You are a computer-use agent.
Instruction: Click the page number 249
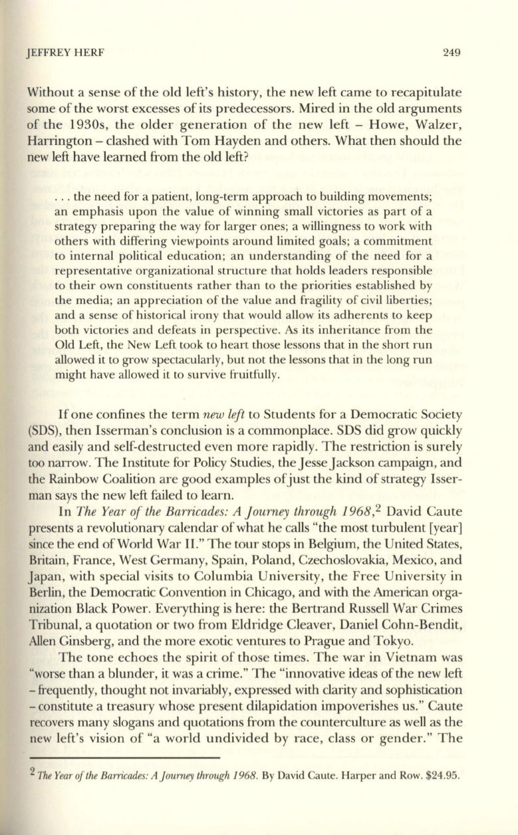click(452, 53)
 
